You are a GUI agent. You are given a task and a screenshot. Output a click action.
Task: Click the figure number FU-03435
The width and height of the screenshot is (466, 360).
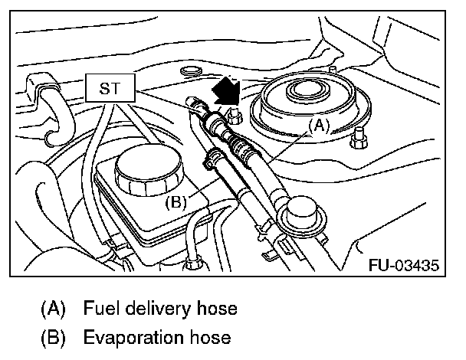click(x=404, y=266)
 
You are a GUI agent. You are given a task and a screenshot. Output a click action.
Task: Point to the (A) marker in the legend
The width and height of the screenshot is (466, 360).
click(x=51, y=309)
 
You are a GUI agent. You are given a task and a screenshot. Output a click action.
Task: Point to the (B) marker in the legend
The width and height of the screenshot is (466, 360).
click(x=51, y=337)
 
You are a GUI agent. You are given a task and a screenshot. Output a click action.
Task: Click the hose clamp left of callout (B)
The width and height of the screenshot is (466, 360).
click(x=212, y=160)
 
